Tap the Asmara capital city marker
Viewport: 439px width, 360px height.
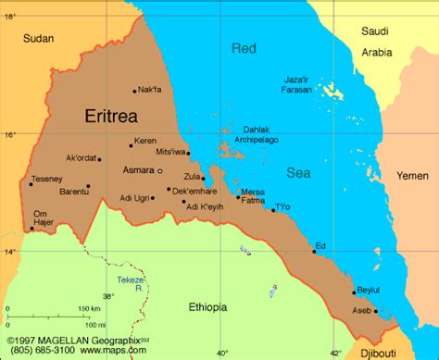pyautogui.click(x=160, y=171)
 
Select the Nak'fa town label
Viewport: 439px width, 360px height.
pyautogui.click(x=149, y=90)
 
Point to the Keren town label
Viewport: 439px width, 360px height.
pyautogui.click(x=145, y=142)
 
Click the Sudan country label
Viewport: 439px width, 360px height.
pyautogui.click(x=39, y=38)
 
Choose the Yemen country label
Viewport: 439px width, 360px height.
pyautogui.click(x=413, y=175)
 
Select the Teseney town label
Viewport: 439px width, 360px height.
pyautogui.click(x=46, y=179)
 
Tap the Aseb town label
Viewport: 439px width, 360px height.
pyautogui.click(x=362, y=311)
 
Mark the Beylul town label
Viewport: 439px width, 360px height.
pyautogui.click(x=368, y=290)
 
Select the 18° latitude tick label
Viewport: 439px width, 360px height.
pyautogui.click(x=10, y=17)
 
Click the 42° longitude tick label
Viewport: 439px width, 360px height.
pyautogui.click(x=336, y=353)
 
